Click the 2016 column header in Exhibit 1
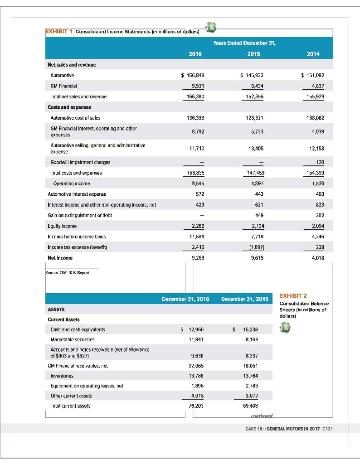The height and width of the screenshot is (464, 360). (195, 53)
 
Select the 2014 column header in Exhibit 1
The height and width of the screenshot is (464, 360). (313, 53)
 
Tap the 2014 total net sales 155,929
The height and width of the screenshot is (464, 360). (313, 97)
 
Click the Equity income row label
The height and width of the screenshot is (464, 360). (62, 226)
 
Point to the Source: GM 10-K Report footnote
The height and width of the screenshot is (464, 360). (64, 273)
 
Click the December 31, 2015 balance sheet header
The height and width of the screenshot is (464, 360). (244, 299)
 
